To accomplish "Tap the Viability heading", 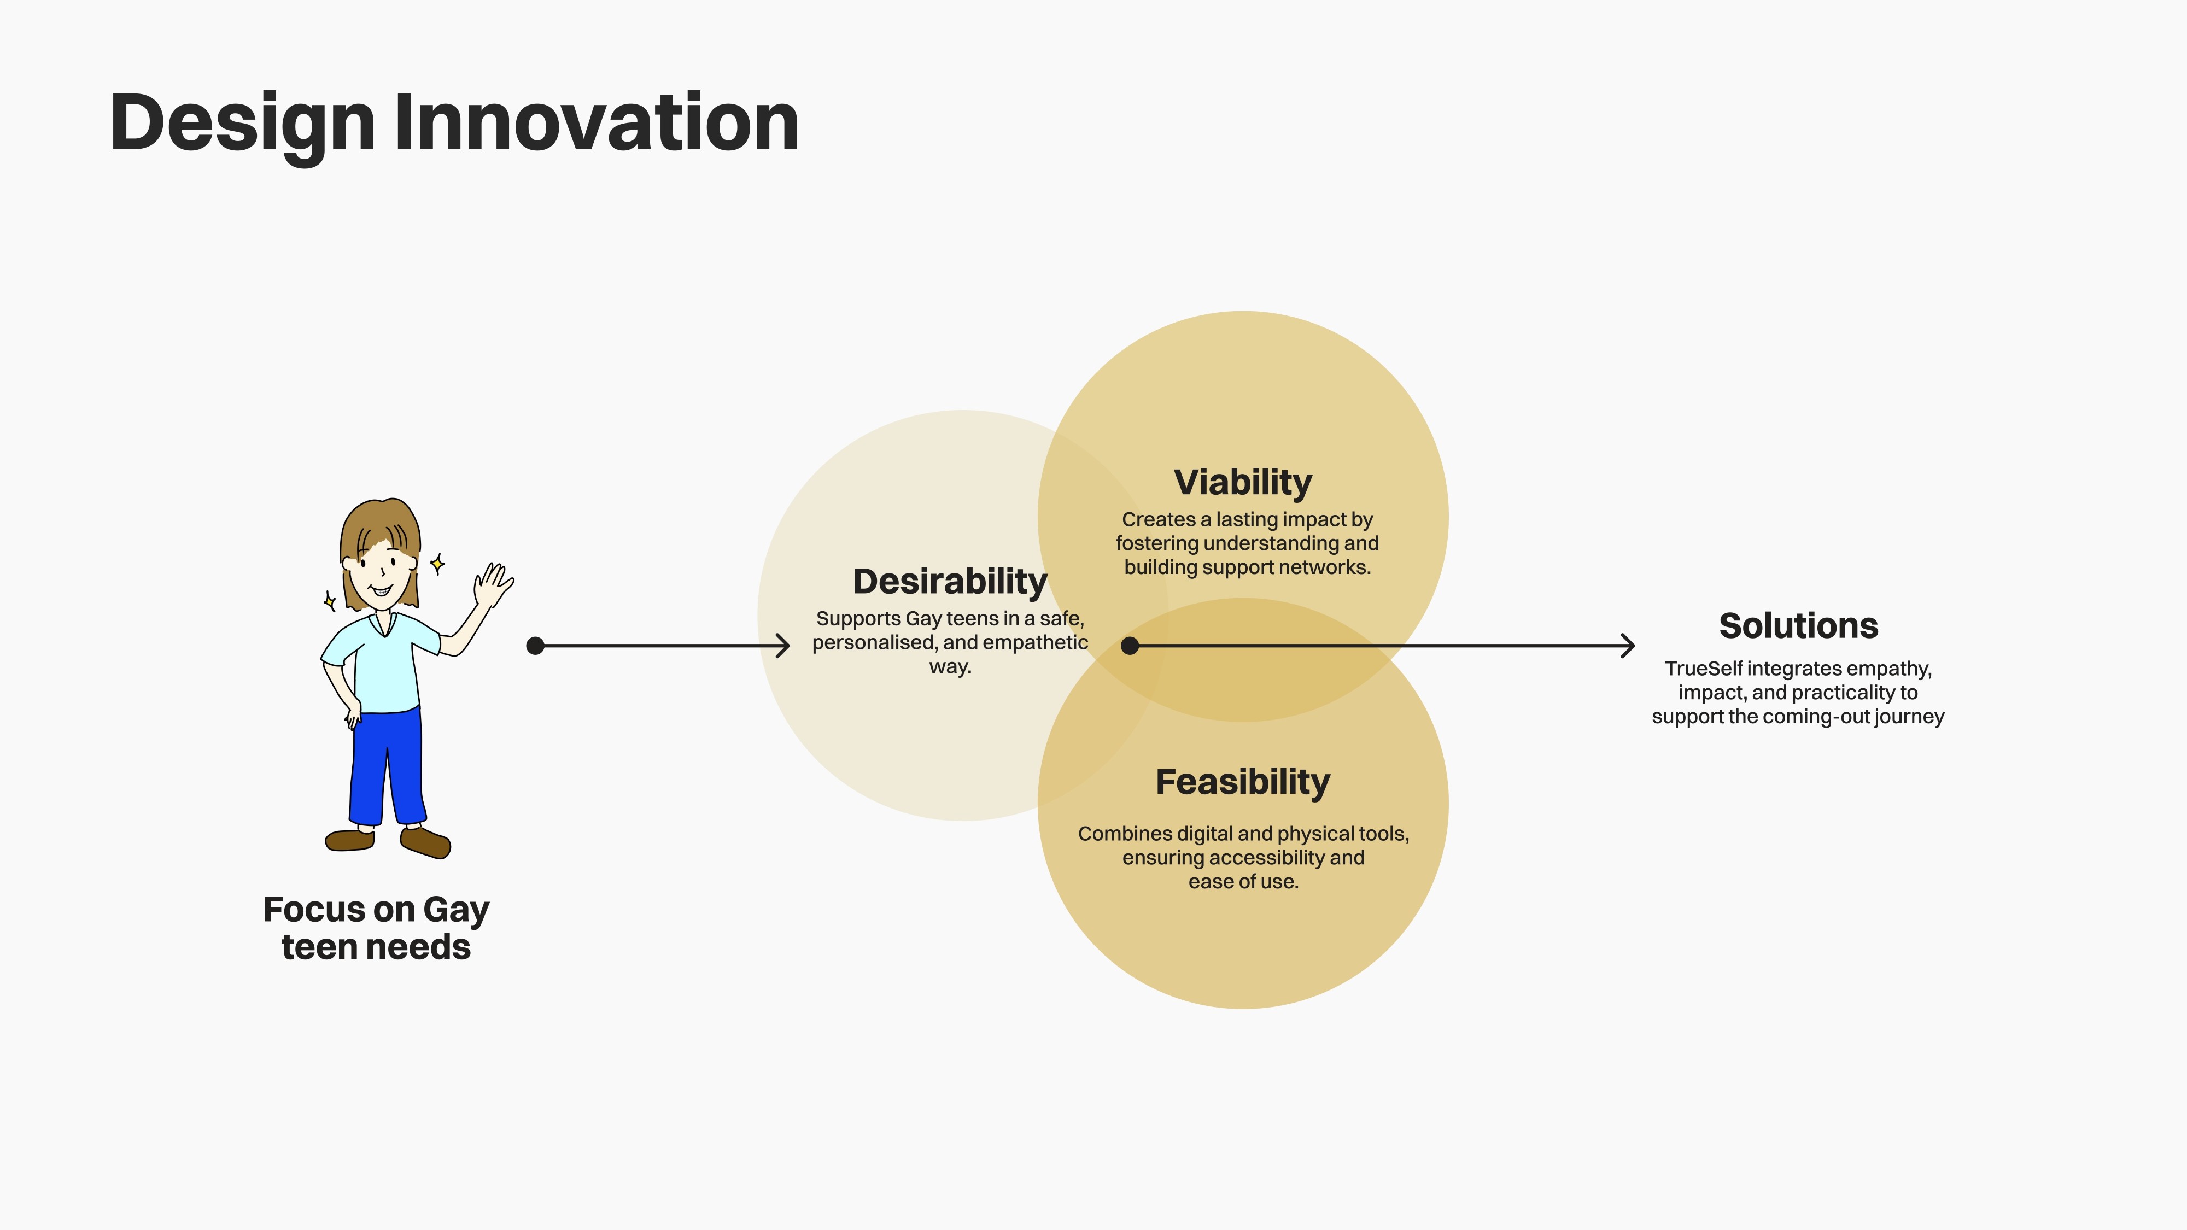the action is [x=1243, y=483].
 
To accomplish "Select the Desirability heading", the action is [x=950, y=582].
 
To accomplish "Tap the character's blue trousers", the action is [x=387, y=766].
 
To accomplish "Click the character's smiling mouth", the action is [x=381, y=590].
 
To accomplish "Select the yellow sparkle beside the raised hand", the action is [x=437, y=563].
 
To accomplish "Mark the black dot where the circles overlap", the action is [x=1130, y=646].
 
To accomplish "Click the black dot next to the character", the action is [x=535, y=646].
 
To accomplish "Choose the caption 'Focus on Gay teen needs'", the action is [x=376, y=928].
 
